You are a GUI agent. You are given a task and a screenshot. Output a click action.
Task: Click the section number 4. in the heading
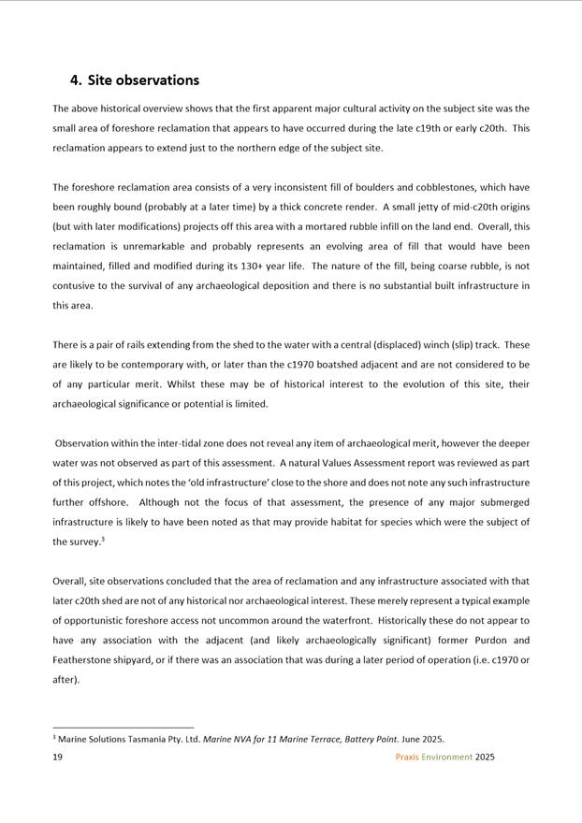coord(77,80)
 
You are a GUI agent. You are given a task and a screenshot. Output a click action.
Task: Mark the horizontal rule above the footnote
coord(123,727)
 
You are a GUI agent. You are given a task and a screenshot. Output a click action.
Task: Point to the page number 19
coord(57,757)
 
